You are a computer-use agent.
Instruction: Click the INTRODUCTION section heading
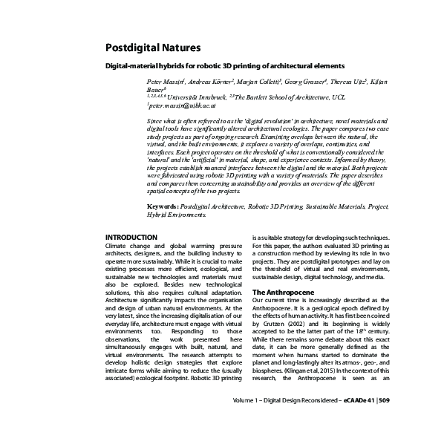pyautogui.click(x=131, y=237)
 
